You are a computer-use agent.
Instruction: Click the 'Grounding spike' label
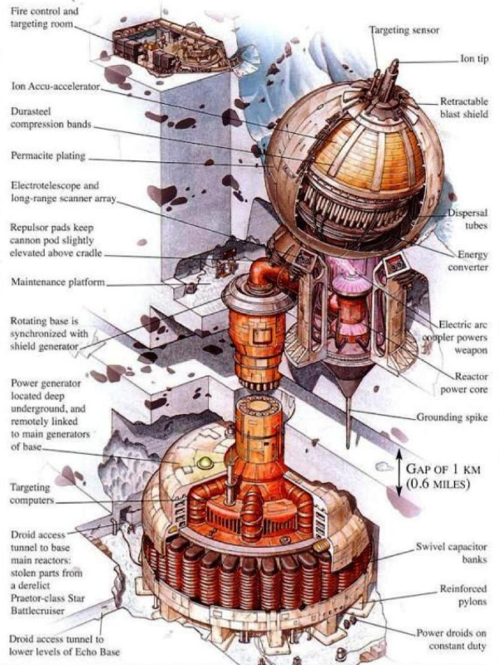coord(452,417)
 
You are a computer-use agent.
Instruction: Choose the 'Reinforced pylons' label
coord(463,594)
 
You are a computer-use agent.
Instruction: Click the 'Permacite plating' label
coord(48,155)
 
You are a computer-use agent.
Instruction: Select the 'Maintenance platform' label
coord(57,283)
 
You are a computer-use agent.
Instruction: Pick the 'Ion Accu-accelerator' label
coord(55,84)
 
